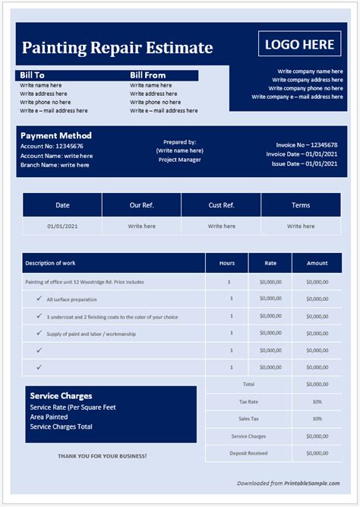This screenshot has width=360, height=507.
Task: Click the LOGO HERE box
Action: (x=298, y=44)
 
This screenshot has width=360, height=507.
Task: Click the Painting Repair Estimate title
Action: (x=117, y=48)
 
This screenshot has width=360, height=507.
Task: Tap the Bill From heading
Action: (x=147, y=75)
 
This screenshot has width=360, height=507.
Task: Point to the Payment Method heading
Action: (x=55, y=136)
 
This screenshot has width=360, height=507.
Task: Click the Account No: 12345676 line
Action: (x=52, y=146)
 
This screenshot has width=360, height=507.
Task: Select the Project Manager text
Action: (x=179, y=160)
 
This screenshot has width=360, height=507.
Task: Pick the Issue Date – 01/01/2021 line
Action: (x=305, y=163)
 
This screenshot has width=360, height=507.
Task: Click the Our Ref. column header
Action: (x=141, y=205)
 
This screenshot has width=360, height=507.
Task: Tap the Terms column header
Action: (x=301, y=205)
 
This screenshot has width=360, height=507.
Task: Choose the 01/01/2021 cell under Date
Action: (x=62, y=226)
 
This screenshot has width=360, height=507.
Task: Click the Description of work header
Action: (x=50, y=263)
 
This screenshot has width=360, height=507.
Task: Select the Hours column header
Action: (x=226, y=263)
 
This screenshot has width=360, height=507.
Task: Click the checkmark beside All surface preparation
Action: (x=39, y=299)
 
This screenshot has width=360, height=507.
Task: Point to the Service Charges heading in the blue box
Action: (x=61, y=396)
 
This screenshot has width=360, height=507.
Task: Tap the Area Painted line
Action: (x=50, y=417)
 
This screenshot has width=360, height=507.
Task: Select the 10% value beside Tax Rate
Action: (x=317, y=401)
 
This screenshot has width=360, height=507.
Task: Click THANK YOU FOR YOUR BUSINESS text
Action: (x=103, y=456)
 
